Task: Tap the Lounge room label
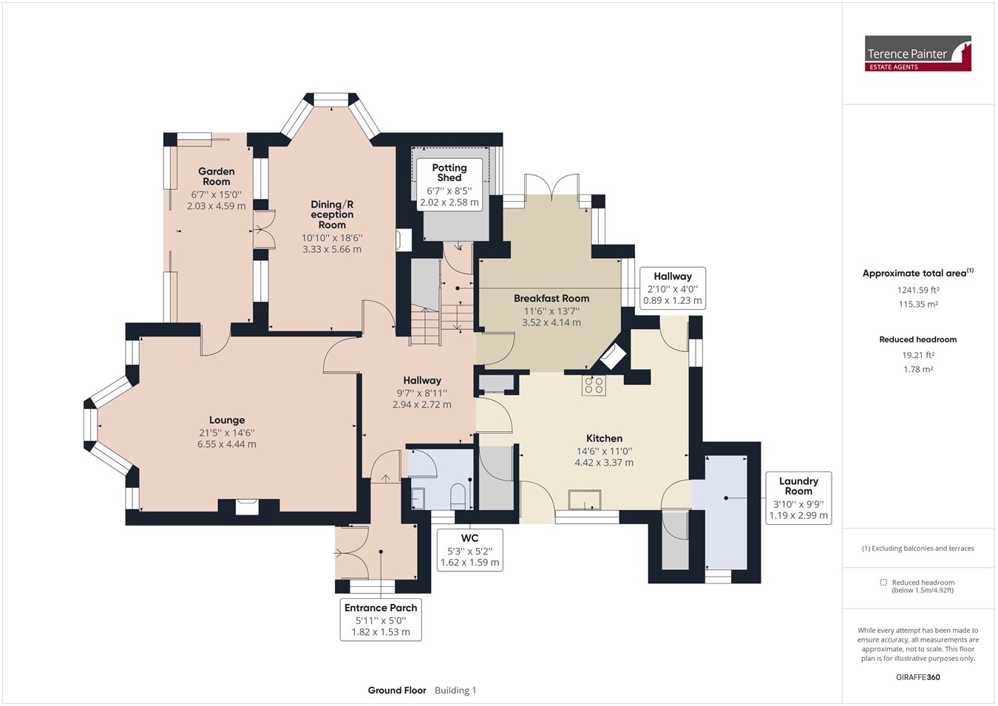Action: click(227, 420)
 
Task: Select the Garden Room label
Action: click(216, 177)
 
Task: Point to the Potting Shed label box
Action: click(449, 185)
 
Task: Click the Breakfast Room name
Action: click(551, 299)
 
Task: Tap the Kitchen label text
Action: click(604, 438)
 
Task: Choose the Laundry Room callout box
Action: click(798, 498)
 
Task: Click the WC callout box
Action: click(469, 550)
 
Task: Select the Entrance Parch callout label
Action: click(381, 620)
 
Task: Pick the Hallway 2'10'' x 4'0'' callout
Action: click(672, 288)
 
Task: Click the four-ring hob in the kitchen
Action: click(594, 385)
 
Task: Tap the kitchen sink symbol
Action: click(585, 500)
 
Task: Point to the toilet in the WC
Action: click(458, 498)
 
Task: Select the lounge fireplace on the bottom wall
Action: click(247, 507)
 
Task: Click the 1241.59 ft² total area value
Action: click(918, 290)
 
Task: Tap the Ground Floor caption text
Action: click(396, 690)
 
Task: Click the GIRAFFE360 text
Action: click(918, 677)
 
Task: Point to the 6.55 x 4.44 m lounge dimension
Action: click(227, 444)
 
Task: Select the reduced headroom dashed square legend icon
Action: click(883, 582)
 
